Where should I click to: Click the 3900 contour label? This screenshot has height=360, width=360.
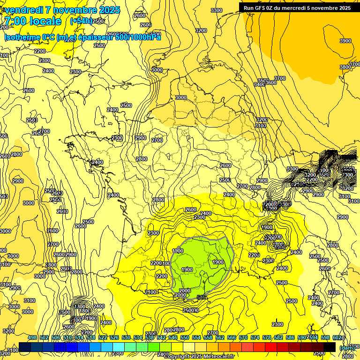pyautogui.click(x=345, y=41)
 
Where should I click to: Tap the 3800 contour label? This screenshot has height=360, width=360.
pyautogui.click(x=345, y=67)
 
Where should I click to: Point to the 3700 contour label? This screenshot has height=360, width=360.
pyautogui.click(x=280, y=78)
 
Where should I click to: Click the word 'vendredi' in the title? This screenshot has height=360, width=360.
pyautogui.click(x=24, y=10)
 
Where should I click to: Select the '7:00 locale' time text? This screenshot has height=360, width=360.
pyautogui.click(x=33, y=21)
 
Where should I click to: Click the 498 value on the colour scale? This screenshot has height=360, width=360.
pyautogui.click(x=32, y=338)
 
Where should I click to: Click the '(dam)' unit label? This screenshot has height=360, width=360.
pyautogui.click(x=347, y=347)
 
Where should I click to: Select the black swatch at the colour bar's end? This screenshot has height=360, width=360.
pyautogui.click(x=330, y=347)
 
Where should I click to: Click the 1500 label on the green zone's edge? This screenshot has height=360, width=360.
pyautogui.click(x=178, y=251)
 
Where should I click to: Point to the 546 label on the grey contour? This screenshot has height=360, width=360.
pyautogui.click(x=202, y=297)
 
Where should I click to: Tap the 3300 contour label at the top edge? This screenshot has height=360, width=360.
pyautogui.click(x=217, y=10)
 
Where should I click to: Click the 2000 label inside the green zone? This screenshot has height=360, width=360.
pyautogui.click(x=185, y=291)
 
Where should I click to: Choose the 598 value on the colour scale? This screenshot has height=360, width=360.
pyautogui.click(x=325, y=338)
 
